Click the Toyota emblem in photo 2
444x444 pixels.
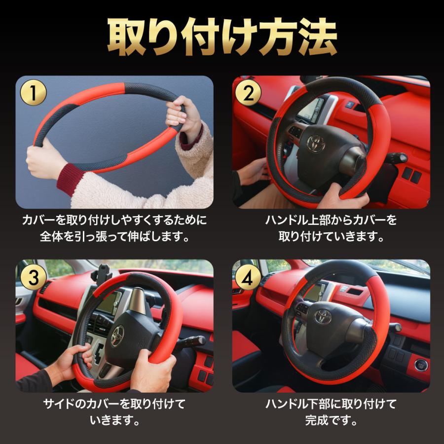coord(316,143)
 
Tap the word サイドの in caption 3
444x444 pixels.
coord(61,405)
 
